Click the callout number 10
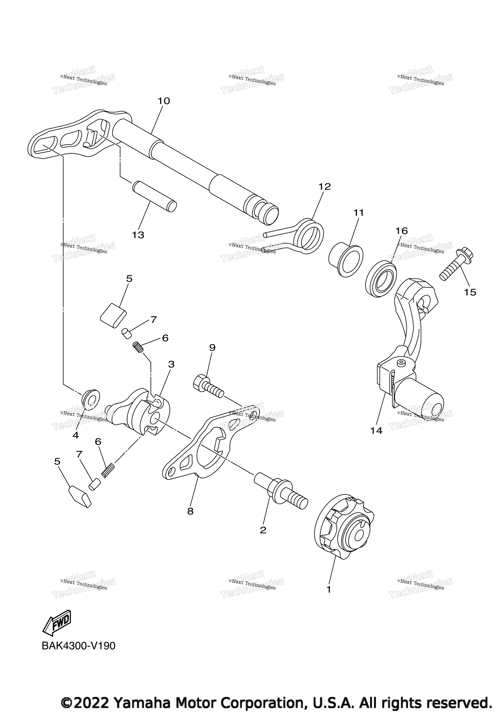click(164, 101)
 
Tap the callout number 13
click(138, 235)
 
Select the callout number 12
click(325, 187)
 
